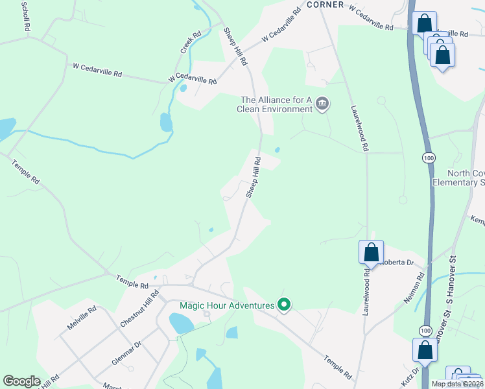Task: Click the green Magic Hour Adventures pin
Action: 283,304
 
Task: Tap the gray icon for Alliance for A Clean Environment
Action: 322,104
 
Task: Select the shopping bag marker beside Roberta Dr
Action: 371,252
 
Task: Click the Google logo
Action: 21,381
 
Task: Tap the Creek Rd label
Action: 187,42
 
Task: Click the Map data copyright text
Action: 458,384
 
